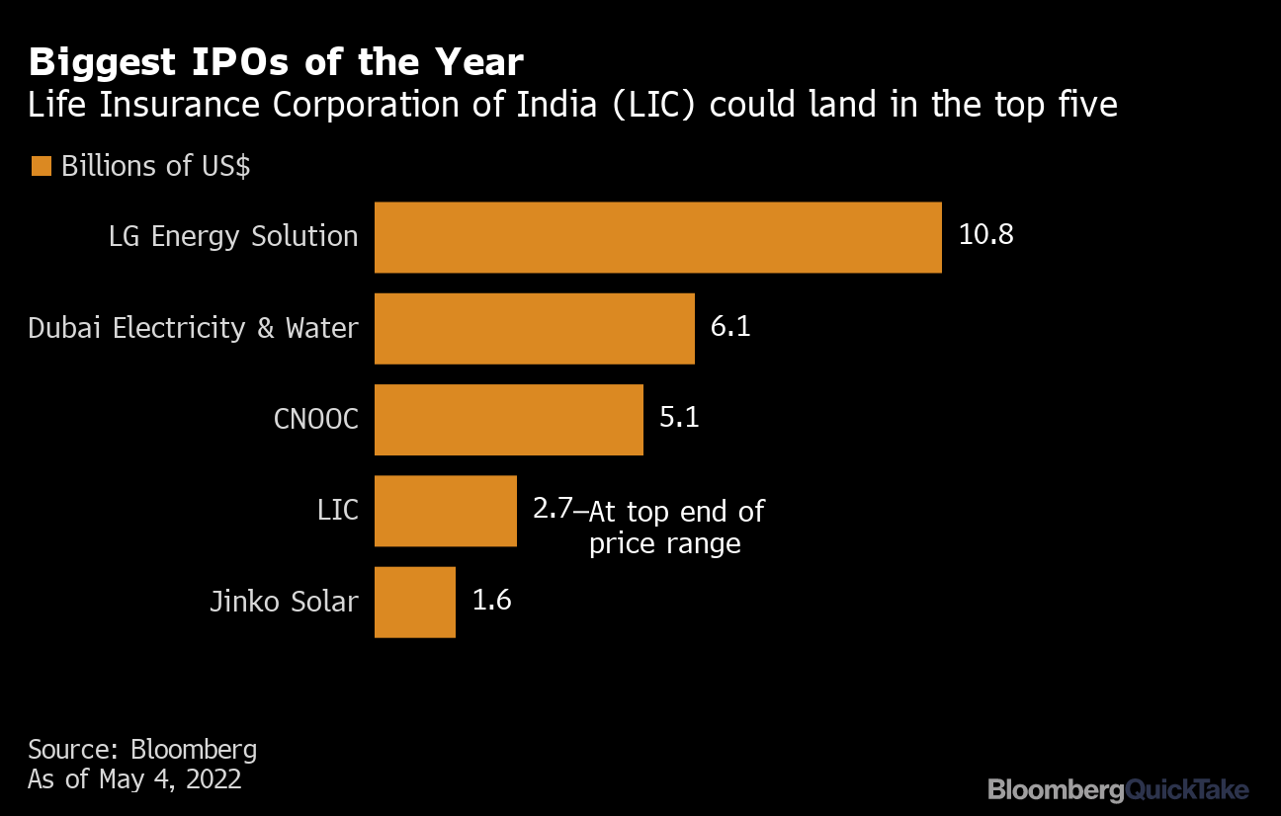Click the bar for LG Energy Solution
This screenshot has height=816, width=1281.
[x=657, y=237]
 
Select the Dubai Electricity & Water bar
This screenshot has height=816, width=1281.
[x=534, y=328]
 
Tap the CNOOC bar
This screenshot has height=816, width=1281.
[x=508, y=419]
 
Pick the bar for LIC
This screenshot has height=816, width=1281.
[x=445, y=510]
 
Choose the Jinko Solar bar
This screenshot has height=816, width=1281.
[x=414, y=601]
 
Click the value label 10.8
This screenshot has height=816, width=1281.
[x=985, y=236]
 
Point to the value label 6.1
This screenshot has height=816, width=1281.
[x=730, y=327]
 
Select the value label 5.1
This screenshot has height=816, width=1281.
[x=679, y=418]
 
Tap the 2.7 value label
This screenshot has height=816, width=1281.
[x=553, y=509]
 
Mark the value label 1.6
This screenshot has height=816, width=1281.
[x=491, y=600]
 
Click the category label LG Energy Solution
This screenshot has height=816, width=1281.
[x=233, y=237]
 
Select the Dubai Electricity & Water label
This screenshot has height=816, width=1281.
[x=193, y=328]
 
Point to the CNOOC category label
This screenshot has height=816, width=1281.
[x=315, y=419]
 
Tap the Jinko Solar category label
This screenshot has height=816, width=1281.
[x=284, y=601]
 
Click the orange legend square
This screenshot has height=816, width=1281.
[x=41, y=166]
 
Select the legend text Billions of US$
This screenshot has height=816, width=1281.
[x=155, y=166]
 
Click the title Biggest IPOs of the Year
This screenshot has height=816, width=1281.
[x=276, y=62]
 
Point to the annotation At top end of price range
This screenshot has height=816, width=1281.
[x=676, y=527]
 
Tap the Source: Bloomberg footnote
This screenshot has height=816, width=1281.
[x=142, y=749]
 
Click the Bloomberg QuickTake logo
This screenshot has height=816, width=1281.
[x=1118, y=789]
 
